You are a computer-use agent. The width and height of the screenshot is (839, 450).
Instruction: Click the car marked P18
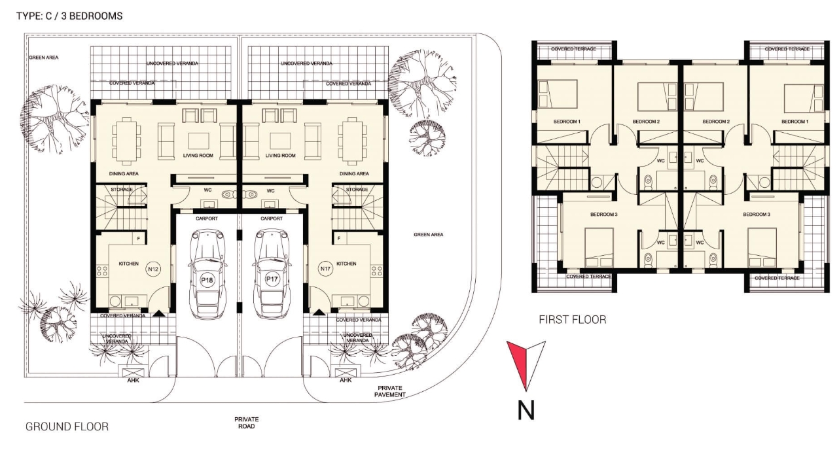[x=207, y=274]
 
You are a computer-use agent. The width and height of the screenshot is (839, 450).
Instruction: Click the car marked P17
[x=272, y=274]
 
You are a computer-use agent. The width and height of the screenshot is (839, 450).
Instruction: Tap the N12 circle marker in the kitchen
[x=153, y=269]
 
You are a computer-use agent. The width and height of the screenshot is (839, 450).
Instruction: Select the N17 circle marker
[x=325, y=269]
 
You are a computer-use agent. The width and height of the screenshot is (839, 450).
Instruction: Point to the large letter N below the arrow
[x=526, y=410]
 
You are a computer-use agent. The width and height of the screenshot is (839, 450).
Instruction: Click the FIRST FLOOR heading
[x=573, y=320]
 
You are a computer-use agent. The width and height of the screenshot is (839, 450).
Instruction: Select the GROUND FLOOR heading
[x=67, y=427]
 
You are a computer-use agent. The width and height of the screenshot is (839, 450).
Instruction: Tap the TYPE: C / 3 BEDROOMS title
[x=69, y=16]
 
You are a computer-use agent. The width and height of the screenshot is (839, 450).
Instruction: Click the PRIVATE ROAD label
[x=247, y=423]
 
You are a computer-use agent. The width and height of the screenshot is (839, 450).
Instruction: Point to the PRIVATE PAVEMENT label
[x=390, y=391]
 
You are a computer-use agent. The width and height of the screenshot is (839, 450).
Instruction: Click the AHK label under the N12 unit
[x=133, y=381]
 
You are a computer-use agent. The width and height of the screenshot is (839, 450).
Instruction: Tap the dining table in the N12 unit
[x=126, y=141]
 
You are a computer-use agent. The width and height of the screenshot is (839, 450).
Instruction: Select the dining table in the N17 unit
[x=352, y=141]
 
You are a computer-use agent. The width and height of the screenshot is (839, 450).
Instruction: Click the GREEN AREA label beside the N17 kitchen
[x=429, y=235]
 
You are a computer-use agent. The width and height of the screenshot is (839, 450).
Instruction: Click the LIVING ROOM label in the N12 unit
[x=198, y=156]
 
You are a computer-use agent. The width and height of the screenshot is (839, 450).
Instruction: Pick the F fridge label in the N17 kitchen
[x=339, y=239]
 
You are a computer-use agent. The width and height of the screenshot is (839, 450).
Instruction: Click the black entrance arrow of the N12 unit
[x=159, y=314]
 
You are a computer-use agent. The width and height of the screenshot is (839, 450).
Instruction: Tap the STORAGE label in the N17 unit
[x=357, y=190]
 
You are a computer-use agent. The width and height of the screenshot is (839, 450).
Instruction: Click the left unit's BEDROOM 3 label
[x=604, y=215]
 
